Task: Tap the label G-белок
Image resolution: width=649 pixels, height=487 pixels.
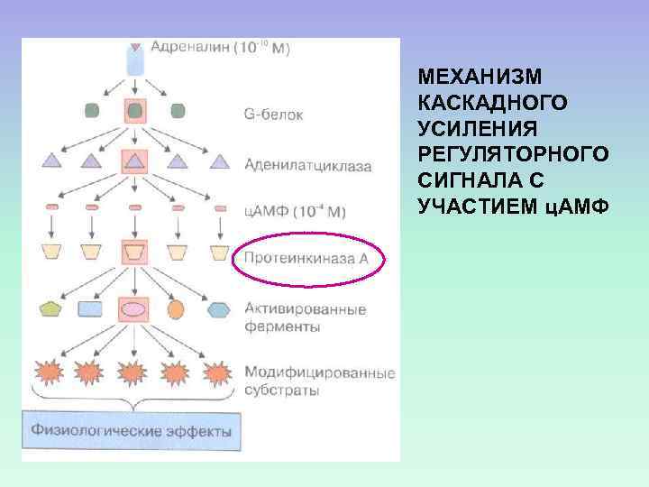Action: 274,115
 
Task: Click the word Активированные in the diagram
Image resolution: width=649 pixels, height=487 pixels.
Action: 306,309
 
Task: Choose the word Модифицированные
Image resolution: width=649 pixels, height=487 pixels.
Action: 320,373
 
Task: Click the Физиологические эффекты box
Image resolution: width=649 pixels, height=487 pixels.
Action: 132,430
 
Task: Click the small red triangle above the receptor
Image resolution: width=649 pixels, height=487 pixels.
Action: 135,46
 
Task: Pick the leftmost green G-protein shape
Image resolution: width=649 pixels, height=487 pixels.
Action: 92,111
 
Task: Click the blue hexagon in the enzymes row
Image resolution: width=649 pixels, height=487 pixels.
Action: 219,308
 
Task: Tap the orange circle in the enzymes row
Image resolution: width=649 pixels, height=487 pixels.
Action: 176,308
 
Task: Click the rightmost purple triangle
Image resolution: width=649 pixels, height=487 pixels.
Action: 220,162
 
